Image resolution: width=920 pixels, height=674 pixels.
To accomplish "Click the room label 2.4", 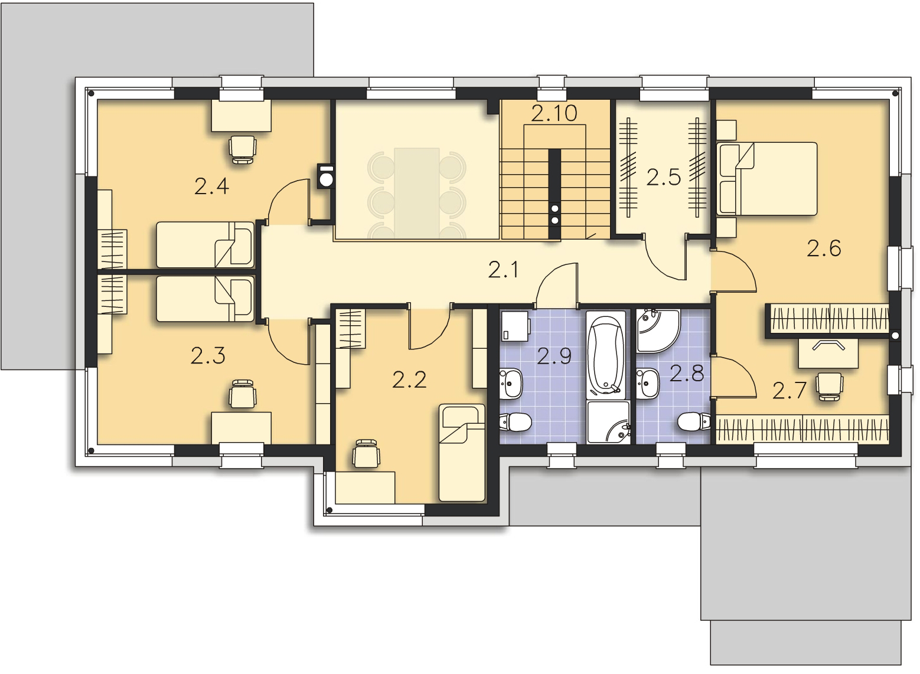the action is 211,187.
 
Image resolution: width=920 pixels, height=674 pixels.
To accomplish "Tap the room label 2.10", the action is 554,113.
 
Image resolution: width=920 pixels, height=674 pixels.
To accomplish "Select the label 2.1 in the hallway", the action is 504,270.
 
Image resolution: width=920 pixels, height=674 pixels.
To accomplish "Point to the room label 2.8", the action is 687,374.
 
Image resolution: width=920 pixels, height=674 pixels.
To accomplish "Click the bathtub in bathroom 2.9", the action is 606,355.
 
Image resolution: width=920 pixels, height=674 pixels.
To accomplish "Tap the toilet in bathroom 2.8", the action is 694,421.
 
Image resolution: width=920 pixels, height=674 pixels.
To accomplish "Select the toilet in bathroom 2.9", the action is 516,421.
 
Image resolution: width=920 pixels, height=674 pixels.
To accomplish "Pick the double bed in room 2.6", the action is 766,179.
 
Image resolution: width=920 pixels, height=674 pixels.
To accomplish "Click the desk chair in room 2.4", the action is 243,150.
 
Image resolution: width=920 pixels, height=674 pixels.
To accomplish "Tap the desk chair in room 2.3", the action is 243,394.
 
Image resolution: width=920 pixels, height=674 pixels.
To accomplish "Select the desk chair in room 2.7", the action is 829,386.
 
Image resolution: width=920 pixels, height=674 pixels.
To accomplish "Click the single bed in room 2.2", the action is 462,453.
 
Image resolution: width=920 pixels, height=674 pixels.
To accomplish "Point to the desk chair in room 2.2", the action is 366,454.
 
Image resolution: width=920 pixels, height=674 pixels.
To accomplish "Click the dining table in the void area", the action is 417,193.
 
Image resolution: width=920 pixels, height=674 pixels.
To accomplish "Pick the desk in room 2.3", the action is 241,428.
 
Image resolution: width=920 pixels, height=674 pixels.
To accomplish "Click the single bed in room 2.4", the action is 205,245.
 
